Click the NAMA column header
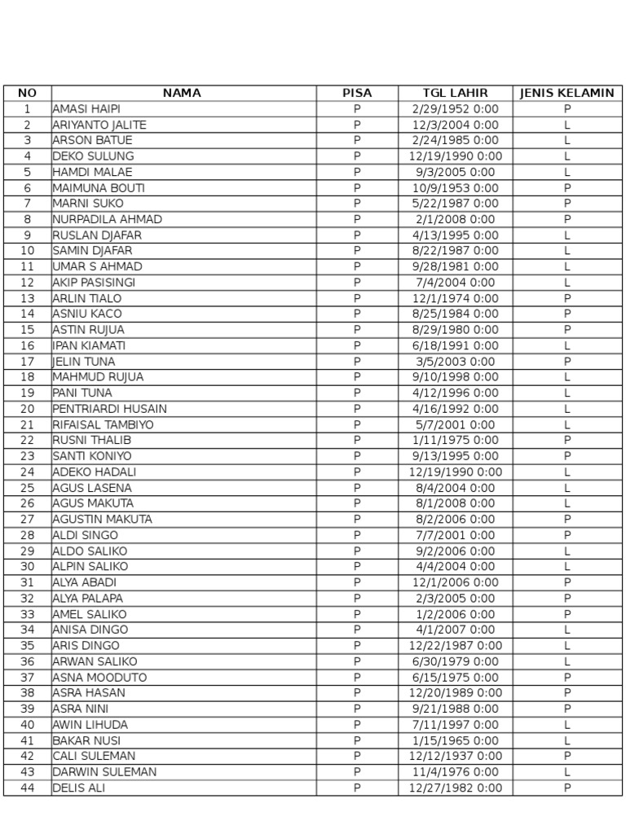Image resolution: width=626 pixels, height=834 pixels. [x=182, y=93]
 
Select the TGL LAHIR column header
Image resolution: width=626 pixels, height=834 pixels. [x=455, y=93]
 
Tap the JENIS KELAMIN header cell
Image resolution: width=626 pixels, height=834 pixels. [x=566, y=93]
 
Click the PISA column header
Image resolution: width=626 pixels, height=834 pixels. [x=357, y=93]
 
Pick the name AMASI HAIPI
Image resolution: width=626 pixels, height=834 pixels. [x=86, y=109]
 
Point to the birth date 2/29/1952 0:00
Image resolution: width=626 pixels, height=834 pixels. [x=455, y=109]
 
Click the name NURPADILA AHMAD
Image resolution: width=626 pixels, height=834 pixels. [x=107, y=219]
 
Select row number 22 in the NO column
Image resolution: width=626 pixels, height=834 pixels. [x=28, y=441]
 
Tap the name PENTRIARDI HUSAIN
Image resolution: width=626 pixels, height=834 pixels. [x=109, y=409]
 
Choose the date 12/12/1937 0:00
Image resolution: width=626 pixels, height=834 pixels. [x=455, y=756]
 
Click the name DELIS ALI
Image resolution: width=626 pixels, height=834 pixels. [x=78, y=788]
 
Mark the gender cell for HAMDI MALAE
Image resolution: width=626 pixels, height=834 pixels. [x=566, y=172]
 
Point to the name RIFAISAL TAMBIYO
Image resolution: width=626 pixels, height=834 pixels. [x=103, y=424]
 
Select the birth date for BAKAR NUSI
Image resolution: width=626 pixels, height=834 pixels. [x=455, y=740]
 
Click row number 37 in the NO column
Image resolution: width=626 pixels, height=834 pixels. [x=28, y=678]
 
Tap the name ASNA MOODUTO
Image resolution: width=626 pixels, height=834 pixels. [x=99, y=678]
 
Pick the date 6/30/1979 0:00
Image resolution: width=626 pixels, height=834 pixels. [x=455, y=661]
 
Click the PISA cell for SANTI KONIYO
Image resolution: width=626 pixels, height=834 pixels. [x=357, y=456]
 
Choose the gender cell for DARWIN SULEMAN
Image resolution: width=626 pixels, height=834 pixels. [x=566, y=772]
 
